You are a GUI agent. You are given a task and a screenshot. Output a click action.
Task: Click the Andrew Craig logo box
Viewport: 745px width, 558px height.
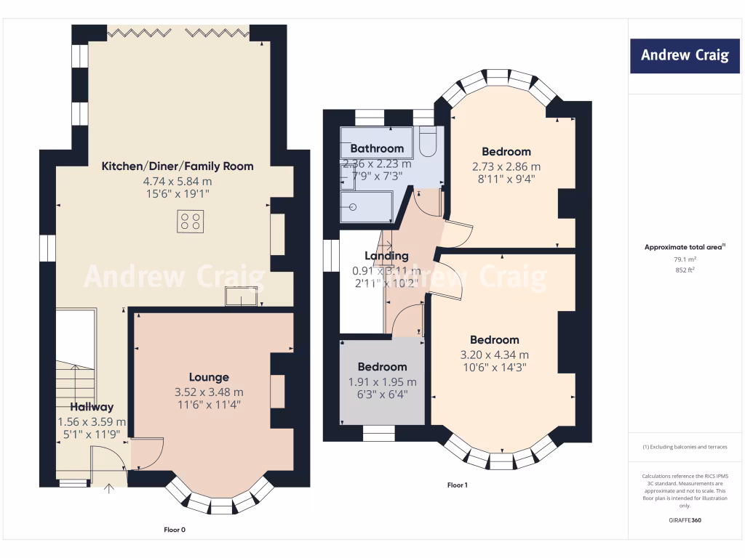[x=685, y=55]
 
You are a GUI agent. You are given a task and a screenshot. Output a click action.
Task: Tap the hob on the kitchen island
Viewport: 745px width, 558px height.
[x=191, y=221]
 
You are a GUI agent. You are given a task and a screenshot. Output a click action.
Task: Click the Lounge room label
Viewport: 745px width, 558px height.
[x=209, y=377]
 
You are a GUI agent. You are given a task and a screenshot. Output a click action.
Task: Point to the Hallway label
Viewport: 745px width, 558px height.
[x=92, y=407]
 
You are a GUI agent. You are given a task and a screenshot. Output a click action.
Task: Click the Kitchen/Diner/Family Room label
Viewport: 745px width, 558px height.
[x=177, y=166]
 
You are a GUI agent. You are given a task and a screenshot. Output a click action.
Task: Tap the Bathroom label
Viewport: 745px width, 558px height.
[x=377, y=149]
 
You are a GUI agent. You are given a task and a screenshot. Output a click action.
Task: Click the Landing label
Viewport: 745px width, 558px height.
[x=386, y=256]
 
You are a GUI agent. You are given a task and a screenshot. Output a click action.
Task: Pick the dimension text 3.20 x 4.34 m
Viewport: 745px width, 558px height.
[x=495, y=355]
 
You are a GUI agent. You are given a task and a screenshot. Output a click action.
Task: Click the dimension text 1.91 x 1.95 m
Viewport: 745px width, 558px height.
[x=382, y=381]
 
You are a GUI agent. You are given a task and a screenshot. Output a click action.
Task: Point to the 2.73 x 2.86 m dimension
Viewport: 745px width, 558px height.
[x=506, y=166]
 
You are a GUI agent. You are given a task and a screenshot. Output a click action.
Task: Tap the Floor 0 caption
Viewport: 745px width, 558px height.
[x=175, y=530]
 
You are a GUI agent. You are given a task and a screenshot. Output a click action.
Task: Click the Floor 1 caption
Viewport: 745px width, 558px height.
[x=456, y=485]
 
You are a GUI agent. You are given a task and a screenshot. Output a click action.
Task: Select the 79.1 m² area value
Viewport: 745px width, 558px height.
[x=685, y=259]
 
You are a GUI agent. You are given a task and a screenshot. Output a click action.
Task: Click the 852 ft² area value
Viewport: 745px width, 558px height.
[x=685, y=270]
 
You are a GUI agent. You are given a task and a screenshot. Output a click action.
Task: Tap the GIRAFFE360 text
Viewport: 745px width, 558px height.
[x=685, y=520]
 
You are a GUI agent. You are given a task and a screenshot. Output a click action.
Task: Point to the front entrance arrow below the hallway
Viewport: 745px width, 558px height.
[x=110, y=488]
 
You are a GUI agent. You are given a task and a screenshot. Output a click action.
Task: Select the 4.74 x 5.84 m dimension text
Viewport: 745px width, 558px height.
[x=177, y=181]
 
